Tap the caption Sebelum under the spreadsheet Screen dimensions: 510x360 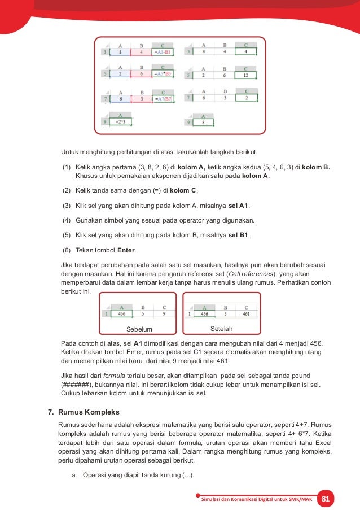(x=139, y=329)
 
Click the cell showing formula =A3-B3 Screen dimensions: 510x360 (x=163, y=52)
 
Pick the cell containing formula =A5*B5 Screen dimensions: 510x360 (x=163, y=73)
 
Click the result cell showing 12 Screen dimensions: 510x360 (x=245, y=74)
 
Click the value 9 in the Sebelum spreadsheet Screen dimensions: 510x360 (x=164, y=313)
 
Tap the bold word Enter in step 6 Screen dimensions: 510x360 (x=126, y=250)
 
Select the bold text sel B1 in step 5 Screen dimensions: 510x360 (x=239, y=235)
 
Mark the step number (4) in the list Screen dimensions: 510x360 (x=66, y=220)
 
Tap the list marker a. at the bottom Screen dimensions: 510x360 (x=74, y=475)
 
